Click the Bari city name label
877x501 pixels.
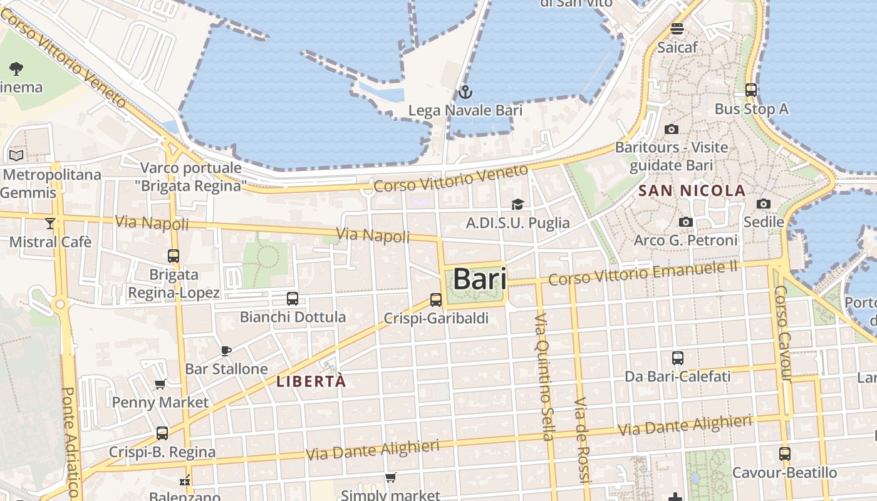(479, 279)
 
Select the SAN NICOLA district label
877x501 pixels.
(692, 191)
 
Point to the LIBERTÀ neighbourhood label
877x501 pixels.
(311, 381)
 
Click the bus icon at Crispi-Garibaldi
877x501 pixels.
(436, 300)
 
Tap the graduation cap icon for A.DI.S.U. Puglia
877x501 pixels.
(517, 204)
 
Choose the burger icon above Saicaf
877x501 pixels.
(677, 29)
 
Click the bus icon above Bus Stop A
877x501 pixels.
(751, 90)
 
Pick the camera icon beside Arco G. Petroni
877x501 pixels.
(686, 222)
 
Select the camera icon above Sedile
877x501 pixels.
(763, 204)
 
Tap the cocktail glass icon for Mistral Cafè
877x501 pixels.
(50, 223)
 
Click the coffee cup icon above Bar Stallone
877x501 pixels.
(226, 351)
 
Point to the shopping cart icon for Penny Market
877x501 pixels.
(160, 384)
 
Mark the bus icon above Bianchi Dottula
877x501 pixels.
(292, 299)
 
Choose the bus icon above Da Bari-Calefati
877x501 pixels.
(677, 358)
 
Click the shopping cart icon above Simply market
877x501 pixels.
(390, 478)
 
